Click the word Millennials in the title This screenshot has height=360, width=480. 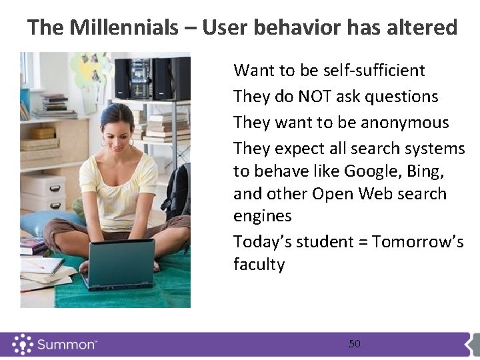tap(124, 28)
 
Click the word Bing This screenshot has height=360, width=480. tap(424, 171)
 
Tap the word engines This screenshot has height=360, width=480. tap(263, 216)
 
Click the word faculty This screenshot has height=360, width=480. tap(259, 265)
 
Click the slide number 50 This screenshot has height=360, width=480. tap(355, 344)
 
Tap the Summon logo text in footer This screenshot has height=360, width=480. tap(67, 345)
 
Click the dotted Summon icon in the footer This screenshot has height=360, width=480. tap(23, 344)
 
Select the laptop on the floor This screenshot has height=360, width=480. tap(121, 263)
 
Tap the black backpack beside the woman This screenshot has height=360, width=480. tap(177, 193)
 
